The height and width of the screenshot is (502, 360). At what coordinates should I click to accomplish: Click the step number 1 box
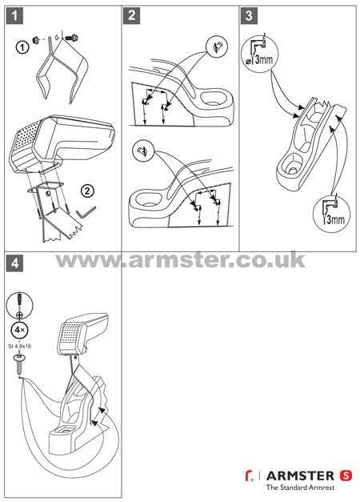(x=14, y=16)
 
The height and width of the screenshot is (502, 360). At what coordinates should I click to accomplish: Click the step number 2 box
(x=131, y=16)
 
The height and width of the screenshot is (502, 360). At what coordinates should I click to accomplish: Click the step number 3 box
(x=249, y=16)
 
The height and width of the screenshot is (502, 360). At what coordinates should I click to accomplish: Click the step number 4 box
(x=14, y=263)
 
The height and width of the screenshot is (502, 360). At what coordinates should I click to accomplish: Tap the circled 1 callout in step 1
(x=22, y=48)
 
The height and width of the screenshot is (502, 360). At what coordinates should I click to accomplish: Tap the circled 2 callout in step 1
(x=87, y=191)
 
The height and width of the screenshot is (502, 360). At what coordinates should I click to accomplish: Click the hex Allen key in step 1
(x=86, y=212)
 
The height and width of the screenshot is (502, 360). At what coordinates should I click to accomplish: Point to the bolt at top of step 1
(x=72, y=38)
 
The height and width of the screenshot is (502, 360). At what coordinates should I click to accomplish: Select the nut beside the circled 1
(x=36, y=40)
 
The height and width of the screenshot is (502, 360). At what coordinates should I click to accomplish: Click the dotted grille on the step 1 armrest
(x=24, y=139)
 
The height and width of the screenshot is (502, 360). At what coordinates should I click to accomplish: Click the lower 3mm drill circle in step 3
(x=331, y=214)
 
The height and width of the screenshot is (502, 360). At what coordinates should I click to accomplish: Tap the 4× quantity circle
(x=19, y=330)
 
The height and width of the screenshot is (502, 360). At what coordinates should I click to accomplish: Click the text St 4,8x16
(x=19, y=346)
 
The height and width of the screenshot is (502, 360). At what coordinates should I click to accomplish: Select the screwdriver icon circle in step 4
(x=19, y=305)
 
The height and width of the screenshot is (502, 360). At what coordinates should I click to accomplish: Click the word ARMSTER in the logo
(x=300, y=476)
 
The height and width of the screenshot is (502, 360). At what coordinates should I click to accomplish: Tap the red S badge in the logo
(x=346, y=476)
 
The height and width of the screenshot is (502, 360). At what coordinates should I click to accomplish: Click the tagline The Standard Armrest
(x=300, y=488)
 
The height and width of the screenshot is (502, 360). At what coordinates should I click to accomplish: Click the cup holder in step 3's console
(x=293, y=160)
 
